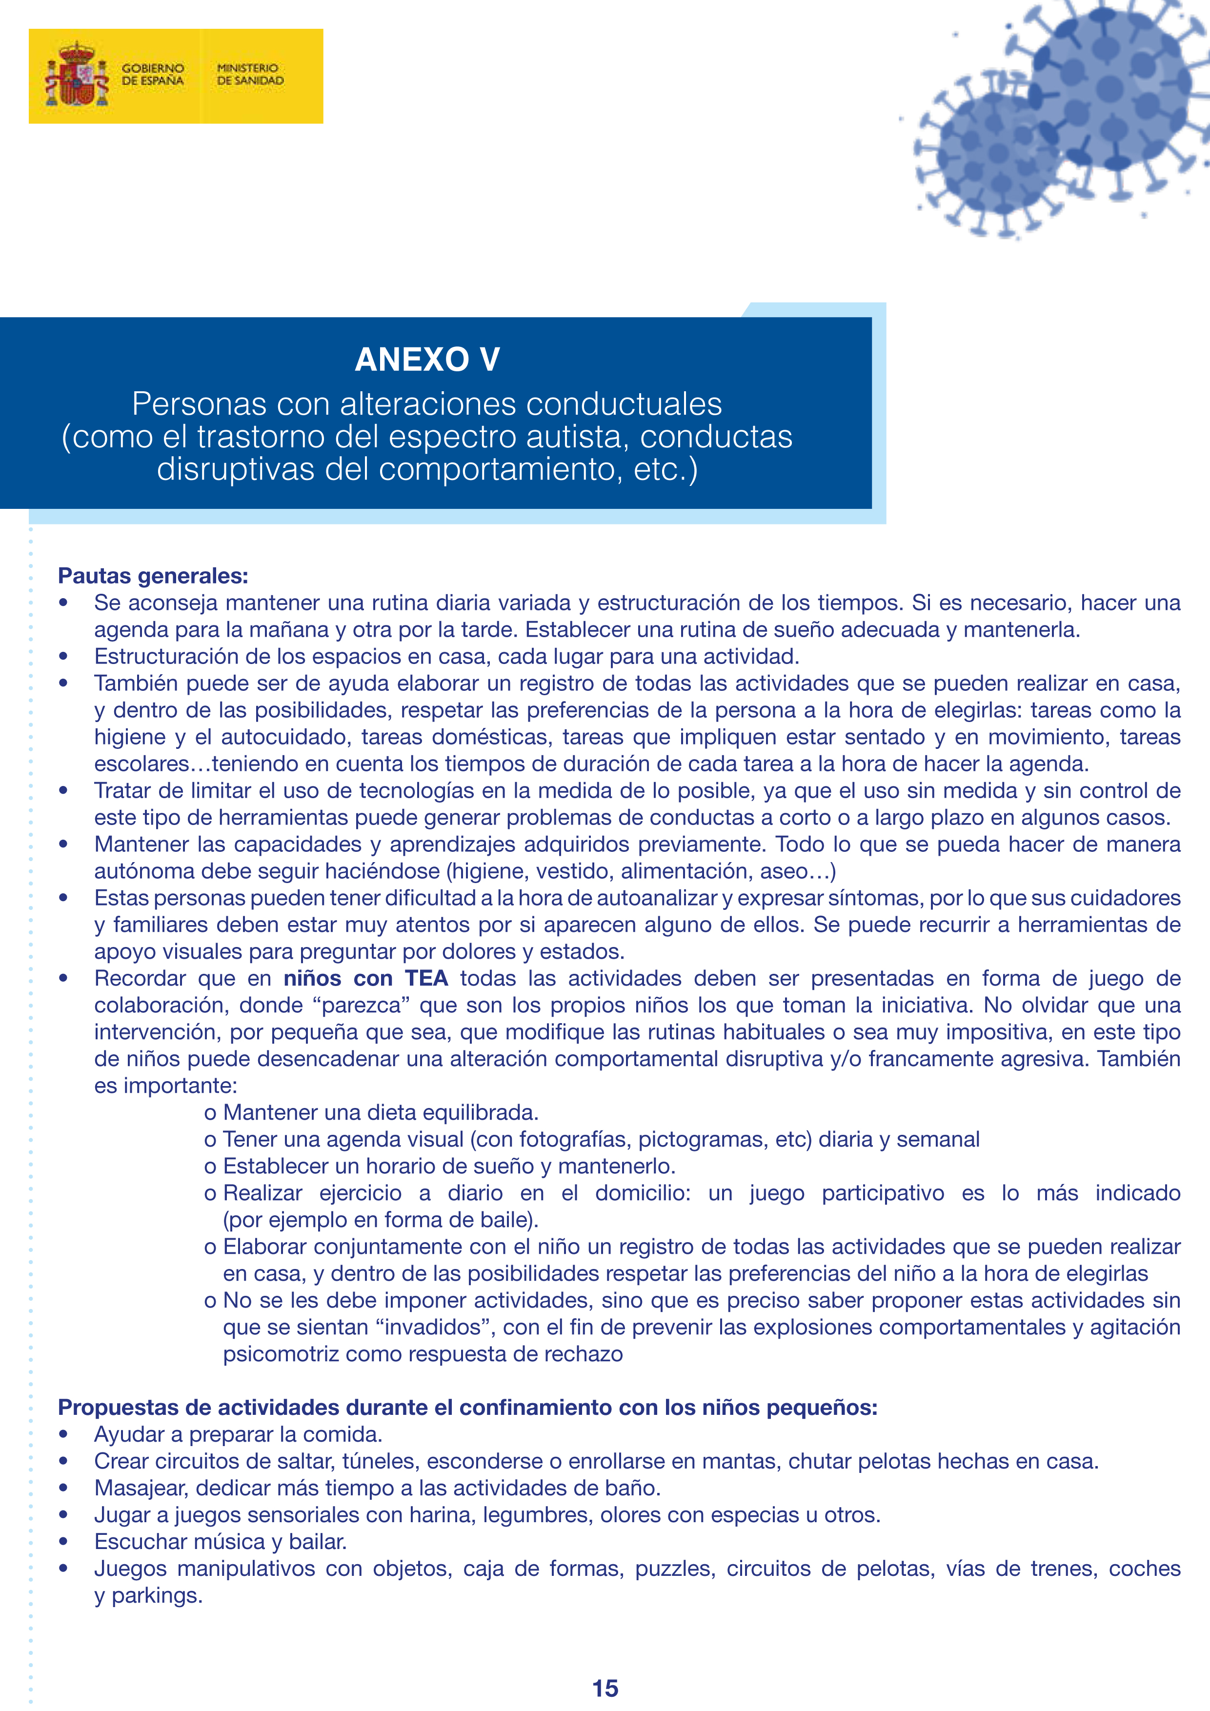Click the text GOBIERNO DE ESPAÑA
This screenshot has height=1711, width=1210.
152,75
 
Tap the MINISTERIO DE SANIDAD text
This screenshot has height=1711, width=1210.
250,75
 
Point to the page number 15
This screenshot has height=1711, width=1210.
605,1688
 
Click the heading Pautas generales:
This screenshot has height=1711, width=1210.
153,576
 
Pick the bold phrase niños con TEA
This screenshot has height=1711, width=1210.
366,979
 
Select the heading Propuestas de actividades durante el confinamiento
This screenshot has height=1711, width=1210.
467,1408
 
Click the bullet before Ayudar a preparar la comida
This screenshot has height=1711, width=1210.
64,1434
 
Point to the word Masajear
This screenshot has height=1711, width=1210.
140,1488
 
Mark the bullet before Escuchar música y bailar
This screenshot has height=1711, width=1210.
64,1542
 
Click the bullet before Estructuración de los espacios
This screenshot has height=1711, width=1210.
64,657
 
